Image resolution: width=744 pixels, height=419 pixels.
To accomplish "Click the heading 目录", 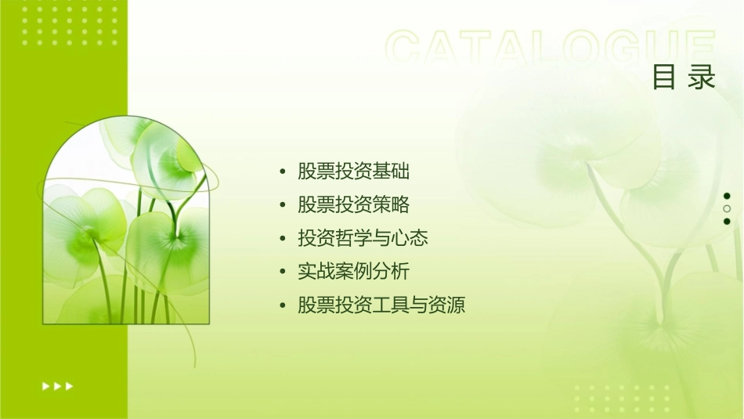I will tap(684, 78).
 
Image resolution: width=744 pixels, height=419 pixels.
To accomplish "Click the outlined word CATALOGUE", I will tap(551, 49).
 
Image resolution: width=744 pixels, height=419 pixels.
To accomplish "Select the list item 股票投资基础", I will tap(353, 172).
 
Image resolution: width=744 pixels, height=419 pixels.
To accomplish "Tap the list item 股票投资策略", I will tap(353, 205).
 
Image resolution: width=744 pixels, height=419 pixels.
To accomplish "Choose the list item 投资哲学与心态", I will tap(363, 238).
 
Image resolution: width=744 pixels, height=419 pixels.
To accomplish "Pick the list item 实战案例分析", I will tap(353, 272).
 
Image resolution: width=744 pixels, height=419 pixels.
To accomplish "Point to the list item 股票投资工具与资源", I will tap(381, 305).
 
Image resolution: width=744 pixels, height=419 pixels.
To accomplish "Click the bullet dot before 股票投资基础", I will tap(283, 172).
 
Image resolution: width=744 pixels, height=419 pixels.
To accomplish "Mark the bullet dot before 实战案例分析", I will tap(283, 273).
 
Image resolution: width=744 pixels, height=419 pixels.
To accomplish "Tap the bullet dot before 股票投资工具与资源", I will tap(283, 305).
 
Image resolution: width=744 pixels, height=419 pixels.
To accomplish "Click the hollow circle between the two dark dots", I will tap(727, 209).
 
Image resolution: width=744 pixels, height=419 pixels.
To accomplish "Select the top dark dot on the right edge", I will tap(727, 196).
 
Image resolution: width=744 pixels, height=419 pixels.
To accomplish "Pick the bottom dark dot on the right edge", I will tap(727, 222).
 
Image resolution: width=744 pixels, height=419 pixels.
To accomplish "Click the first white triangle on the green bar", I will tap(45, 386).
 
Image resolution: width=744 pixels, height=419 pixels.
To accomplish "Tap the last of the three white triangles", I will tap(70, 386).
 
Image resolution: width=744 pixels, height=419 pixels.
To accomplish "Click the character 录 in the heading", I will tap(702, 78).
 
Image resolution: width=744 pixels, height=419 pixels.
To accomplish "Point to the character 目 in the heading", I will tap(664, 78).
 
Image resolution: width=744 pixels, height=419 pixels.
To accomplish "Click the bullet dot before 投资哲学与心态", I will tap(283, 239).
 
